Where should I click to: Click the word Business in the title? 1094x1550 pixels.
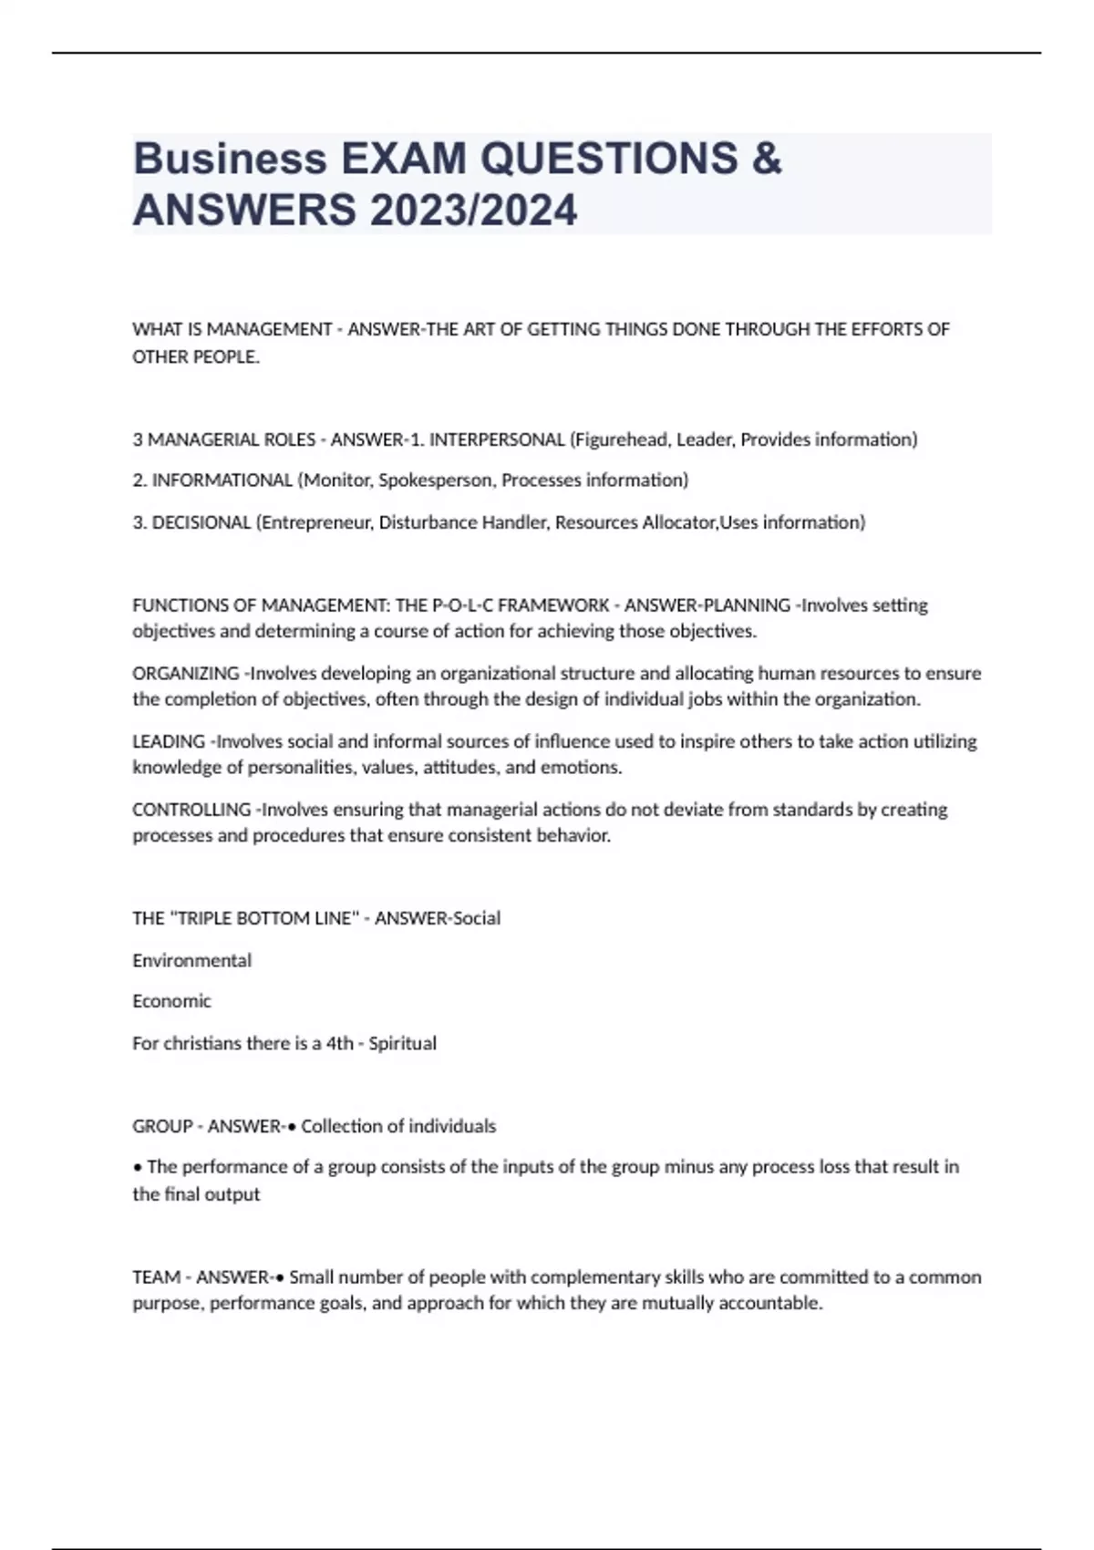(230, 160)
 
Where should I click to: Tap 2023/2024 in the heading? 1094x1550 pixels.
(473, 211)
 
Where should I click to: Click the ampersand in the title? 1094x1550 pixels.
(769, 160)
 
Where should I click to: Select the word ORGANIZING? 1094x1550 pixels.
(186, 674)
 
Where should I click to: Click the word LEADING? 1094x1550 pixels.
(169, 741)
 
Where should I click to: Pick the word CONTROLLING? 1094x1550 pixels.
(191, 810)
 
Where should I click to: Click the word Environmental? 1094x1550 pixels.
(191, 960)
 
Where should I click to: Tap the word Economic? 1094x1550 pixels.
(171, 1001)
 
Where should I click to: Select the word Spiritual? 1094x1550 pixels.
(402, 1043)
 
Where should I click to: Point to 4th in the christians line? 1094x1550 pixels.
(339, 1043)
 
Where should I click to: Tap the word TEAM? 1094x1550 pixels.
(155, 1277)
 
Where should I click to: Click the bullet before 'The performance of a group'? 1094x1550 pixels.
(137, 1167)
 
